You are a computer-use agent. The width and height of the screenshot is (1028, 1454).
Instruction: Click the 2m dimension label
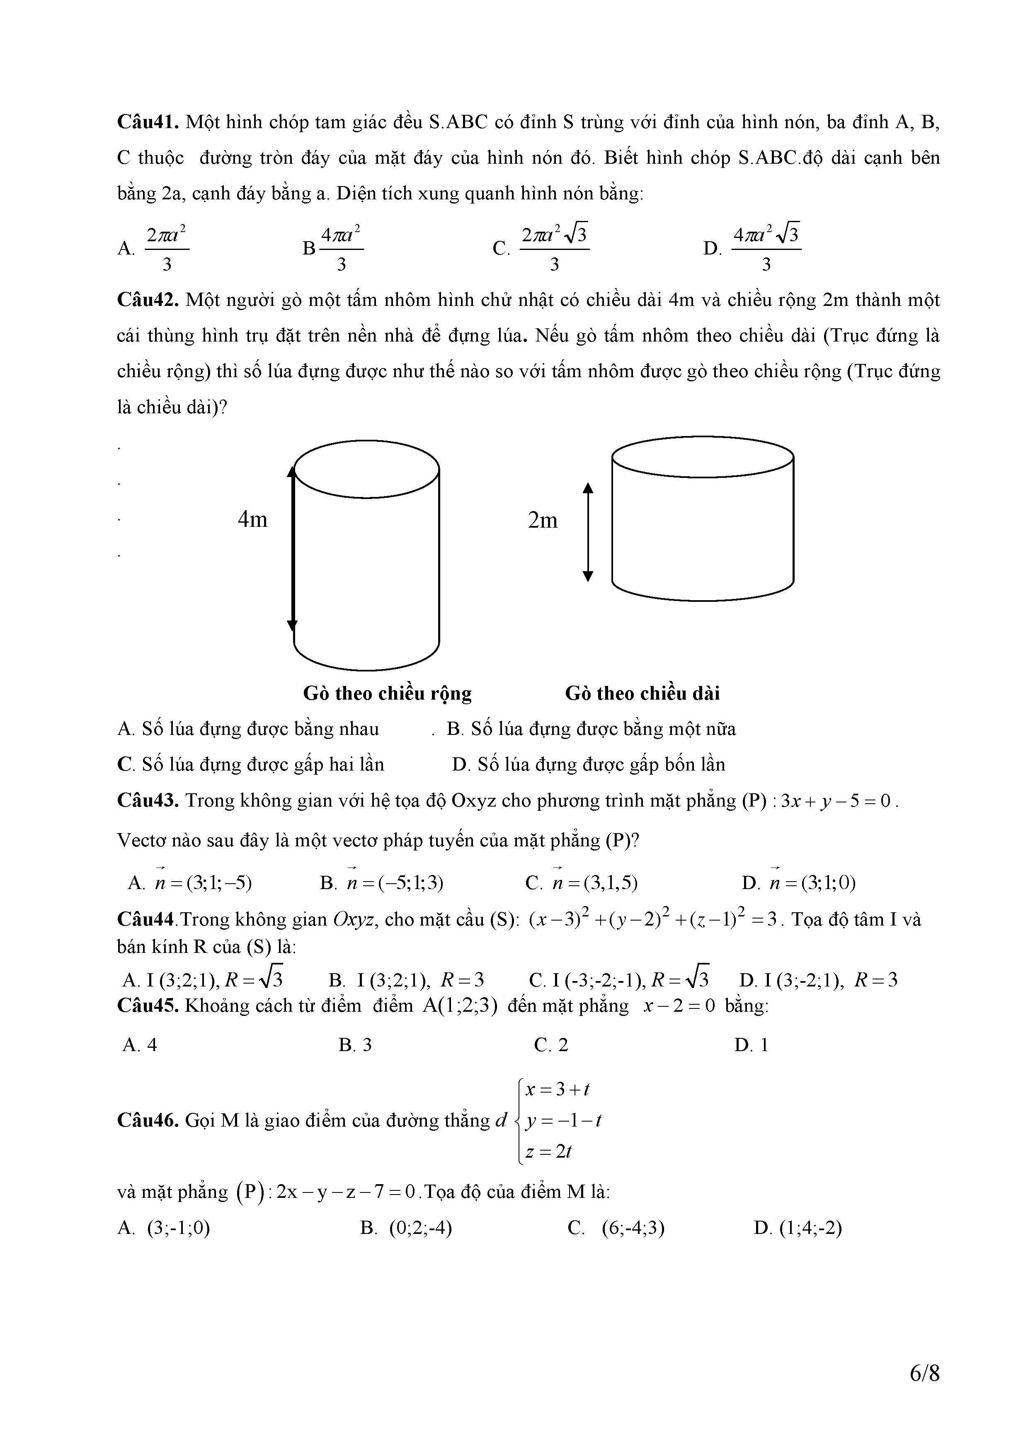pos(543,521)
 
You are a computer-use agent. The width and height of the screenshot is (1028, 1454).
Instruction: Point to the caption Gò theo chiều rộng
pos(387,693)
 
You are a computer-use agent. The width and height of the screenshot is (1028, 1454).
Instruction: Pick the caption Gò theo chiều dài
pos(642,693)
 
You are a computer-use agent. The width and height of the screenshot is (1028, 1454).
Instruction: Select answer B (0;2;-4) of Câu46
pos(406,1229)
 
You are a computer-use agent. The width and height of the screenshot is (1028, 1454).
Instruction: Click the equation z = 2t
pos(548,1152)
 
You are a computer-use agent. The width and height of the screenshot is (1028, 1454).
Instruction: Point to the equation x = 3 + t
pos(558,1090)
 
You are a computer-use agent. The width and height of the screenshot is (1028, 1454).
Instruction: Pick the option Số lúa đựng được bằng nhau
pos(248,729)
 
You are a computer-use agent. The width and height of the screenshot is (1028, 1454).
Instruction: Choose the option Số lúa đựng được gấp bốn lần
pos(589,765)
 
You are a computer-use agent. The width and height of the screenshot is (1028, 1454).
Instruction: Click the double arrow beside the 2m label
pos(588,532)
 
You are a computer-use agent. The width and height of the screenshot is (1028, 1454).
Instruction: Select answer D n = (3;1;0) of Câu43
pos(799,883)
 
